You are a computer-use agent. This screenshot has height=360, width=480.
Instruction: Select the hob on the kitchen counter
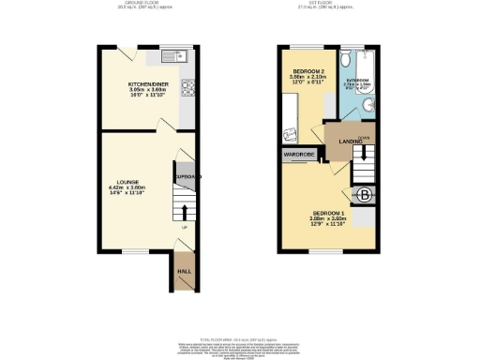pos(187,89)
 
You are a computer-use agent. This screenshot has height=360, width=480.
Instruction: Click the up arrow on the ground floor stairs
pos(185,211)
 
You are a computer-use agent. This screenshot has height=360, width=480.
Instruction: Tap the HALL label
pos(185,273)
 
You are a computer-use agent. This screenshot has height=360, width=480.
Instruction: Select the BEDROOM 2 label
pos(308,72)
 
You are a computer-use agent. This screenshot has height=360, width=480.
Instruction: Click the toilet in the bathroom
pos(347,59)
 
